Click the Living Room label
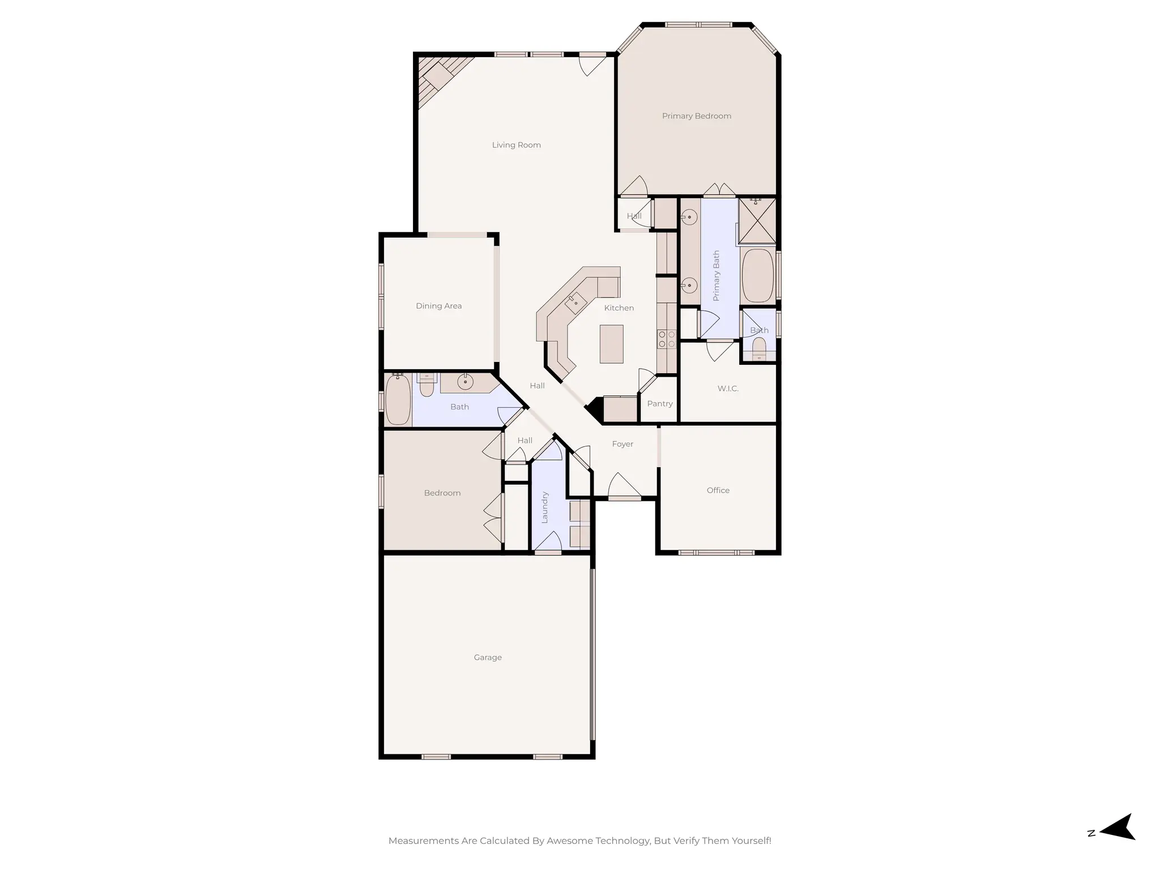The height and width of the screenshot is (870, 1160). [x=516, y=145]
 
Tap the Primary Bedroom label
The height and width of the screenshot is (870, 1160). [x=696, y=116]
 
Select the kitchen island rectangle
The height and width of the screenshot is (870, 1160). [x=611, y=344]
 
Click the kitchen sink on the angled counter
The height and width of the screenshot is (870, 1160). [x=575, y=302]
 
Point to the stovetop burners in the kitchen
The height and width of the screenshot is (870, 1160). [x=666, y=339]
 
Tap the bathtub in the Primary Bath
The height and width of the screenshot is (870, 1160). [x=757, y=275]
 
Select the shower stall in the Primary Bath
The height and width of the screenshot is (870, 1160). [x=757, y=221]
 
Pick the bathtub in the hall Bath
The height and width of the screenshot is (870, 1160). [x=398, y=400]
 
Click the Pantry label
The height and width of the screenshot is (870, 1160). [x=659, y=404]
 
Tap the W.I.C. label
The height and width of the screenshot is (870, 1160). [x=728, y=389]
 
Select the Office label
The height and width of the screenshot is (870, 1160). [x=718, y=491]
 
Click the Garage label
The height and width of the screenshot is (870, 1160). [x=488, y=658]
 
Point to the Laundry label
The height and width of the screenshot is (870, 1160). [x=545, y=507]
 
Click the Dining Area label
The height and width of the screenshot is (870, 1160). [x=438, y=306]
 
